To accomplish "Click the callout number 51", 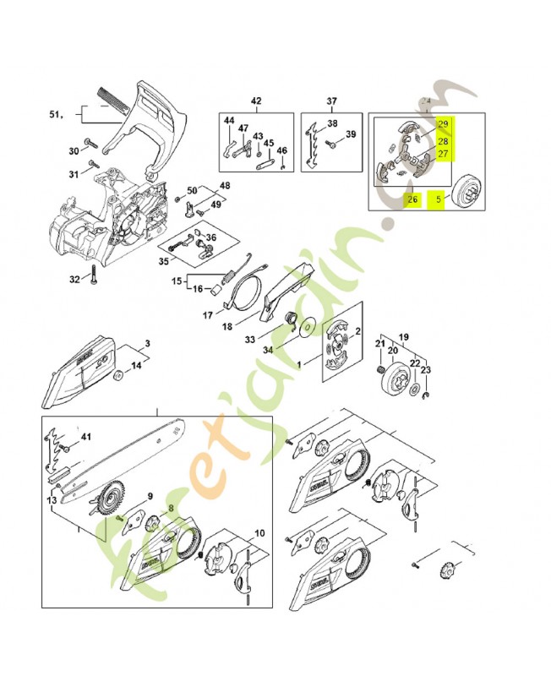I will (56, 113).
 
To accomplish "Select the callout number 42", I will (256, 101).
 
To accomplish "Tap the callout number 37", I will (332, 101).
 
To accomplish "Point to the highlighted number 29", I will (442, 125).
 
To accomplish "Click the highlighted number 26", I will (412, 200).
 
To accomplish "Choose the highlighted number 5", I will (438, 200).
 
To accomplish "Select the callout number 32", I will (74, 279).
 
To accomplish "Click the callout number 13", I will (54, 500).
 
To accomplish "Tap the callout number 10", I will (259, 533).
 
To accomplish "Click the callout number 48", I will (225, 184).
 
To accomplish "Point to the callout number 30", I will (73, 151).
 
